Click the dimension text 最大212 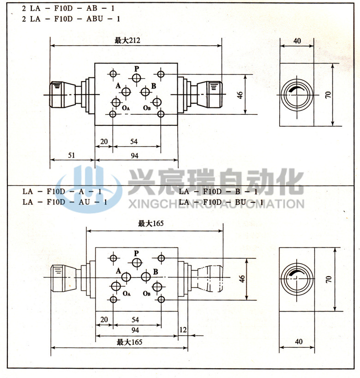pos(127,41)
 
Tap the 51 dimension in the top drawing pos(72,155)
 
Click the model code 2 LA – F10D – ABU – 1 pos(72,19)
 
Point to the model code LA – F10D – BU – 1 pos(221,202)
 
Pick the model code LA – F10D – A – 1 pos(62,191)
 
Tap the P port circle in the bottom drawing pos(136,263)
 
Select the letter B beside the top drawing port pos(154,86)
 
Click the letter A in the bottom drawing pos(119,271)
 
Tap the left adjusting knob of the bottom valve pos(62,278)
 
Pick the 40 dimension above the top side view pos(297,41)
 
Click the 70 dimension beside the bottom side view pos(329,279)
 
